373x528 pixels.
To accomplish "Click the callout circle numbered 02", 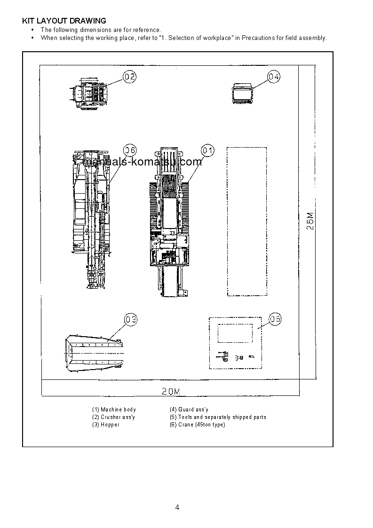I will point(130,77).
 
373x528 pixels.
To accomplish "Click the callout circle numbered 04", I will point(274,76).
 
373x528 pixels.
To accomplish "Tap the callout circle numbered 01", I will point(207,150).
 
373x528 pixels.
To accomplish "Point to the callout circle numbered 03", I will point(131,320).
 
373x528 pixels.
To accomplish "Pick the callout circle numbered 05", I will point(275,319).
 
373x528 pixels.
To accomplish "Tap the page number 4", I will point(177,507).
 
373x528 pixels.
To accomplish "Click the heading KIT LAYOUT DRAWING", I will point(64,21).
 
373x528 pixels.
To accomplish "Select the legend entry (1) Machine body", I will point(114,410).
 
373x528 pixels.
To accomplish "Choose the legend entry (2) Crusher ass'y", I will point(114,417).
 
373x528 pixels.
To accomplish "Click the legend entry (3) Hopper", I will point(106,425).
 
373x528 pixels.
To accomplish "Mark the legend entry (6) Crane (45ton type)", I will point(197,425).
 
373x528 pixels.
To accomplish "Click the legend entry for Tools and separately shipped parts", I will point(218,417).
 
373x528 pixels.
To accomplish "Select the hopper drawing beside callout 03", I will point(94,353).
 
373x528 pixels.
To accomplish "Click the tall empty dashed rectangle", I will point(247,221).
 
